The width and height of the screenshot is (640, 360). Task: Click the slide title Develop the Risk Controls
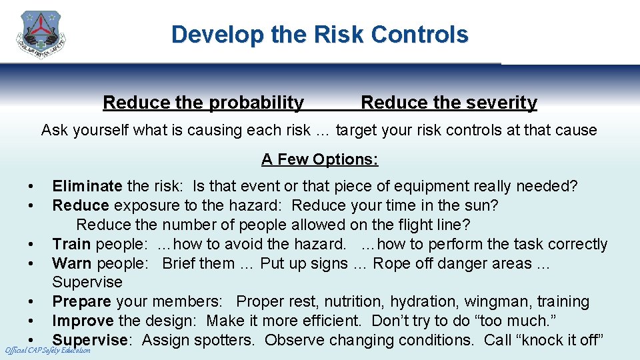tap(319, 35)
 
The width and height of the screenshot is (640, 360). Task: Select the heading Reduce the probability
tap(203, 103)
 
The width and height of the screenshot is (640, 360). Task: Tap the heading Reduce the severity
tap(449, 103)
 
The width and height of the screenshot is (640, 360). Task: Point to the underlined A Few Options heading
tap(319, 159)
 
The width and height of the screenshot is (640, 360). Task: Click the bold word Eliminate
tap(87, 186)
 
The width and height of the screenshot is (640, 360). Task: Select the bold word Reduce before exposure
tap(80, 205)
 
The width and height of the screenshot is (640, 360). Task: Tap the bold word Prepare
tap(82, 302)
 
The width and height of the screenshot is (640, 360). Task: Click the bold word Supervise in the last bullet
tap(90, 340)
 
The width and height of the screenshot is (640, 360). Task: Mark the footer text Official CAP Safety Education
tap(47, 351)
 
